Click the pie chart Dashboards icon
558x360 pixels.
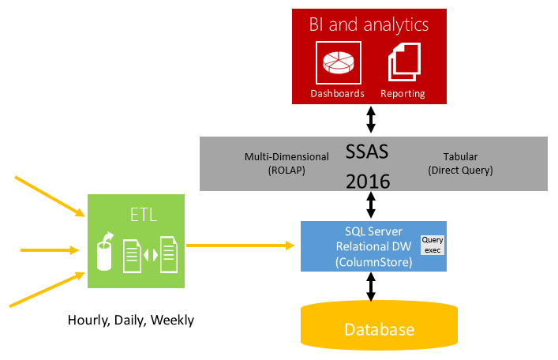click(339, 62)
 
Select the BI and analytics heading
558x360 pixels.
click(369, 24)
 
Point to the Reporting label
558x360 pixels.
click(403, 93)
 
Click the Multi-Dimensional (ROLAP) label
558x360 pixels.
click(275, 163)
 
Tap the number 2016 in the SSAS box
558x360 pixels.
click(369, 181)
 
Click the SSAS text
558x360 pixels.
click(369, 150)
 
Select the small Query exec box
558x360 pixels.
click(433, 245)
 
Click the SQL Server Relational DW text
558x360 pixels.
click(369, 246)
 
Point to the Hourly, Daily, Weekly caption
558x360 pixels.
click(130, 320)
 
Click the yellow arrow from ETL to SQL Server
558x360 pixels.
click(242, 246)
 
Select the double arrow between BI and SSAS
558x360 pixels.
click(369, 120)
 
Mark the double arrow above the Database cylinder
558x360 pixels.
click(369, 286)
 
